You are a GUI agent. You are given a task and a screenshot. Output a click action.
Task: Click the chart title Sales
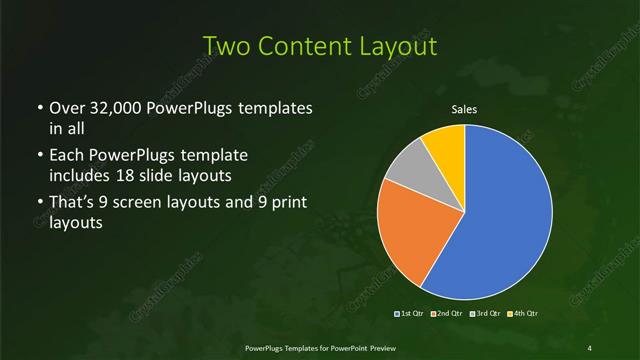pyautogui.click(x=464, y=109)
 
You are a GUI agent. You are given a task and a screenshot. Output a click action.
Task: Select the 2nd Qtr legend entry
pyautogui.click(x=446, y=314)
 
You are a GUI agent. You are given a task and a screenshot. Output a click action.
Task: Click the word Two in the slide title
pyautogui.click(x=224, y=46)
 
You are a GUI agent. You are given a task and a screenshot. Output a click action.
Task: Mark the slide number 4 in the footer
pyautogui.click(x=590, y=347)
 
